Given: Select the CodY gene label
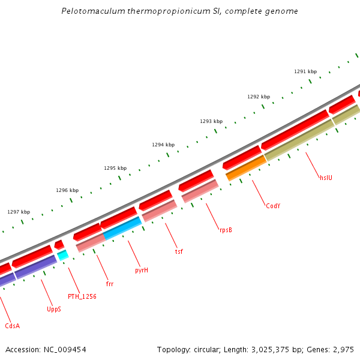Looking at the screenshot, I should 273,206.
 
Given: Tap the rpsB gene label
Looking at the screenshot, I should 226,229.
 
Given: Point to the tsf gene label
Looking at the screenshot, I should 179,251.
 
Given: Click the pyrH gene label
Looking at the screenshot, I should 142,270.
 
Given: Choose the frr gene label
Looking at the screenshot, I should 110,284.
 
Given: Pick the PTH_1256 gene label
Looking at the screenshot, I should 82,296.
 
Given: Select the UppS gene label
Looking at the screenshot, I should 54,310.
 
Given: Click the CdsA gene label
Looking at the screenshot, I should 12,326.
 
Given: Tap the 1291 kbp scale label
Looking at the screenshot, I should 305,71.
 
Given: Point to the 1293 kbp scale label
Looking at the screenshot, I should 211,121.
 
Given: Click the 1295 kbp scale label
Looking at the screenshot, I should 115,168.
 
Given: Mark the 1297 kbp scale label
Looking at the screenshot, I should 19,212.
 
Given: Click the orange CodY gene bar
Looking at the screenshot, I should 245,167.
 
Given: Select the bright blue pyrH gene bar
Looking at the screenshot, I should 123,228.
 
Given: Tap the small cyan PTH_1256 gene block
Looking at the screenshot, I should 62,255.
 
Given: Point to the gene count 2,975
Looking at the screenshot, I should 344,349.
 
